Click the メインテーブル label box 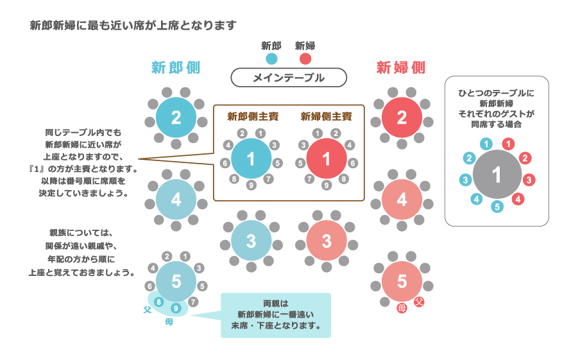(289, 78)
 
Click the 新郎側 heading (176, 67)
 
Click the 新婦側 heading (401, 67)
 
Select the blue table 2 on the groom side (176, 117)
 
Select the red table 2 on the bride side (402, 117)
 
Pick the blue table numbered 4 (176, 200)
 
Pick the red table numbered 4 (402, 200)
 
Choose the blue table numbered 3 (251, 241)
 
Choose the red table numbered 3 (326, 241)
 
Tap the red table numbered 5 (402, 281)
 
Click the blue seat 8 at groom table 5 (159, 301)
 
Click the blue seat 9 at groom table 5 (176, 308)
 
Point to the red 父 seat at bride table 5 (418, 301)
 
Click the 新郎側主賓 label (251, 117)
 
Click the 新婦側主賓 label (326, 117)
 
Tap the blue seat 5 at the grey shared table (497, 207)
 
